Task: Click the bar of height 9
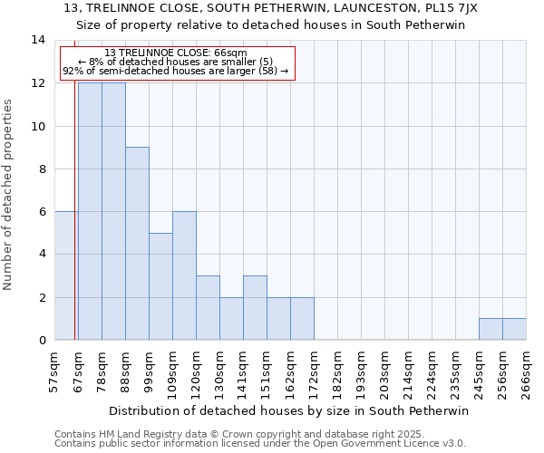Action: pyautogui.click(x=137, y=244)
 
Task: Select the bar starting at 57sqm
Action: pyautogui.click(x=66, y=275)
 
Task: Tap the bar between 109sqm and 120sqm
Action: pyautogui.click(x=184, y=275)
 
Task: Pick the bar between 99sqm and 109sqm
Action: pyautogui.click(x=160, y=286)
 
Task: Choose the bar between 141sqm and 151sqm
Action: pyautogui.click(x=255, y=308)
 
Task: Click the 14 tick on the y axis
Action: pyautogui.click(x=38, y=40)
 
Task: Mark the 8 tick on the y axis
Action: pyautogui.click(x=42, y=169)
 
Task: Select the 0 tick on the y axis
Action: pyautogui.click(x=42, y=340)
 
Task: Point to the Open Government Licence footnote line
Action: pyautogui.click(x=260, y=444)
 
